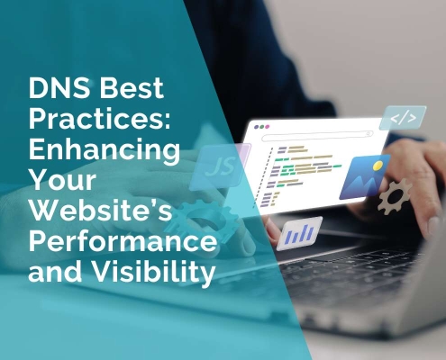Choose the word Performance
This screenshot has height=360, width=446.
coord(121,240)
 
